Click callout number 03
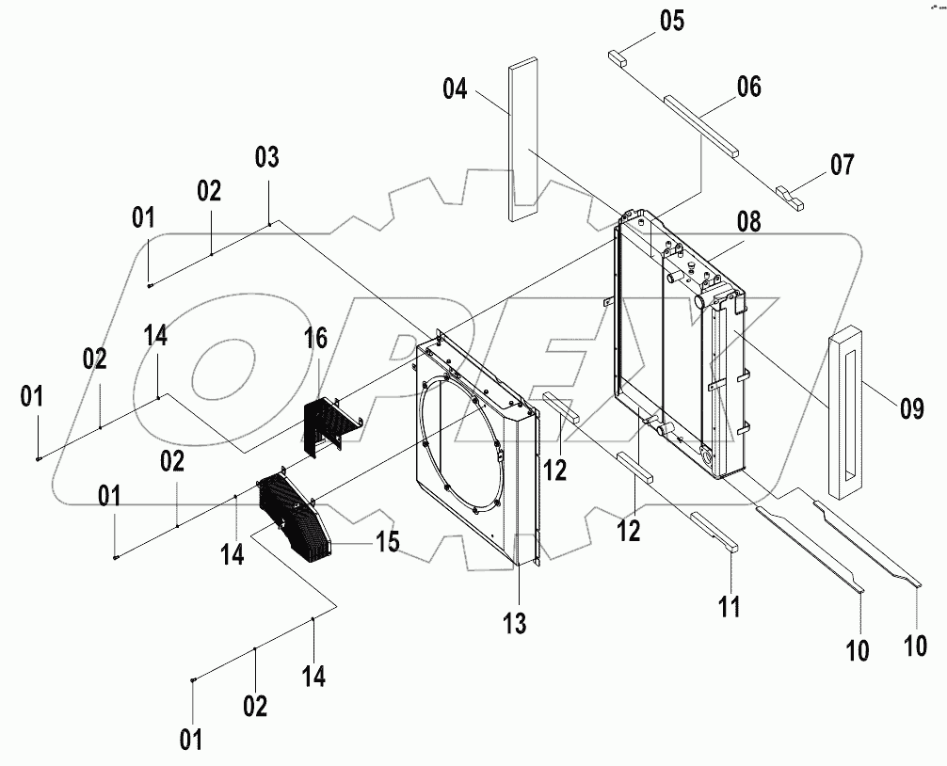pos(267,158)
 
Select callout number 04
pos(456,89)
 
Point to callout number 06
pos(749,88)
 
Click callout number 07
pos(842,166)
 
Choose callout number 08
pos(749,223)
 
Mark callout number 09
pos(911,407)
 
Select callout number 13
pos(514,622)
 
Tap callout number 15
pos(387,542)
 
